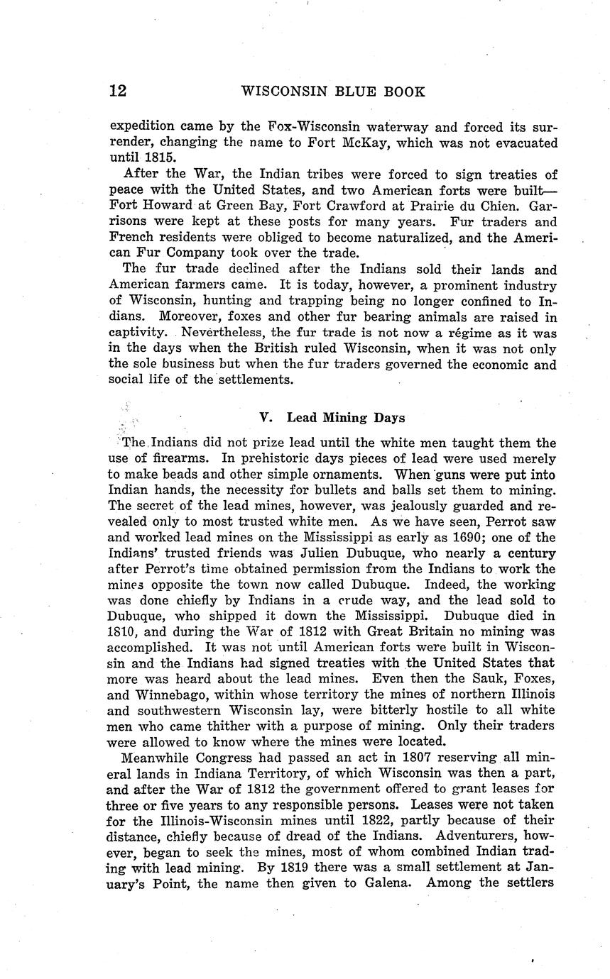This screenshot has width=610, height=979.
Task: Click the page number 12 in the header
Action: [118, 92]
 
